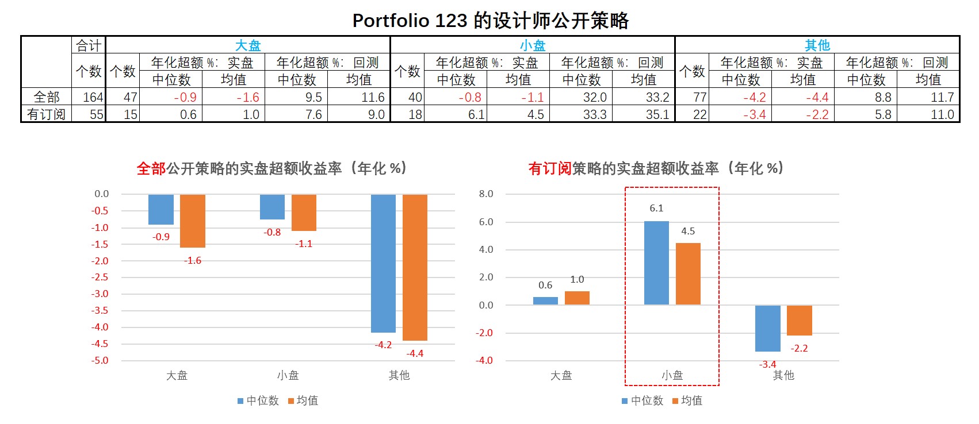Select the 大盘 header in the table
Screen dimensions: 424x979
point(248,45)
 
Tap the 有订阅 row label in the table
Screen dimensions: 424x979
point(46,114)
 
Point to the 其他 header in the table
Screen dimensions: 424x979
point(817,45)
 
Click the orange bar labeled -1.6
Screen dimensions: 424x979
point(193,221)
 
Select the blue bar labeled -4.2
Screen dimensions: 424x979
point(383,263)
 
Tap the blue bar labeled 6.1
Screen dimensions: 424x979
point(656,263)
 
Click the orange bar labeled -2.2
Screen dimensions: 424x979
point(799,320)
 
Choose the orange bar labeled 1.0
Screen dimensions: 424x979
point(577,298)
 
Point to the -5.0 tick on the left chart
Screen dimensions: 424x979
point(100,360)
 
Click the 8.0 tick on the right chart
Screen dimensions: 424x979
point(486,194)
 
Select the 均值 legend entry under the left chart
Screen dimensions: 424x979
point(303,400)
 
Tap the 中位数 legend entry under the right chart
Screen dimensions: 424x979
point(643,400)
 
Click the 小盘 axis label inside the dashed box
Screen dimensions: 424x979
point(672,375)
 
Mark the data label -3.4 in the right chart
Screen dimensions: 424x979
point(767,364)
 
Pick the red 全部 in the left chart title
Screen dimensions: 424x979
point(151,168)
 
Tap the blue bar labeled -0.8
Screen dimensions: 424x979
point(272,207)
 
